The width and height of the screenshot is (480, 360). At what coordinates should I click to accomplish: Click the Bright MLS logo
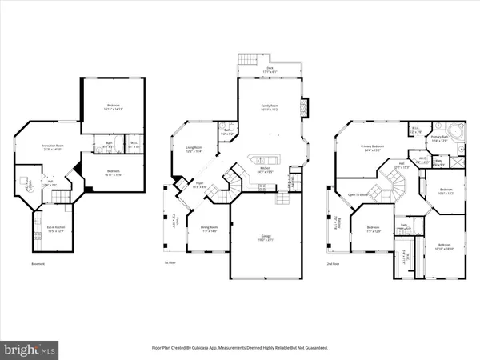[x=30, y=349]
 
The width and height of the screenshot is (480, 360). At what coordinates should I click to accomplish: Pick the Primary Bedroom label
[x=372, y=147]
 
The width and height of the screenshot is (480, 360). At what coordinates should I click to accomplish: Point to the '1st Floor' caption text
[x=169, y=263]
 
